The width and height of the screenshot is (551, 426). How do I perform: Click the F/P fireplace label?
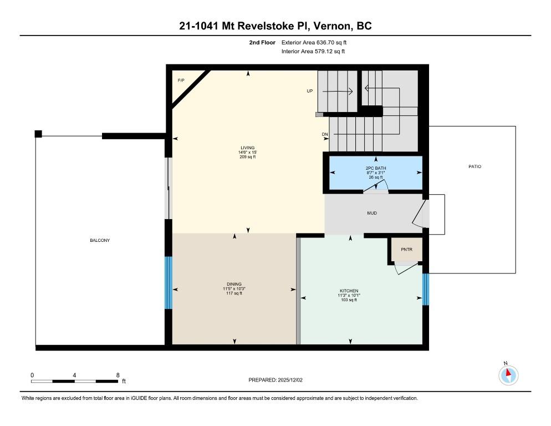[181, 81]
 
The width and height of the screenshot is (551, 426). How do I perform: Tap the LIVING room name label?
[247, 148]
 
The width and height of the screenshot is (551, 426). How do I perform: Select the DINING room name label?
[234, 284]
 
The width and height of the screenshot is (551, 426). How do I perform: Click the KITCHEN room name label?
[349, 291]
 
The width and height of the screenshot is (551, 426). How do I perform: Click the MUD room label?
[372, 212]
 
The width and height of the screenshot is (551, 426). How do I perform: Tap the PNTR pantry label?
[407, 250]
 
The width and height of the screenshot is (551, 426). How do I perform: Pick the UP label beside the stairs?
[310, 91]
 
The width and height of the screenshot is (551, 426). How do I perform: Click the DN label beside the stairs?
[325, 134]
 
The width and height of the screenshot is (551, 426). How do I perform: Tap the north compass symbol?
[508, 374]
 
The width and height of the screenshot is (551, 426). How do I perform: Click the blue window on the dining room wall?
[169, 282]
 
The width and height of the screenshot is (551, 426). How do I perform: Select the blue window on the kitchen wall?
[425, 289]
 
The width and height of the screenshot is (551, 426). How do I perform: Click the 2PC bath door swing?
[375, 189]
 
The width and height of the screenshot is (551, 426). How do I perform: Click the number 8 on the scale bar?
[118, 375]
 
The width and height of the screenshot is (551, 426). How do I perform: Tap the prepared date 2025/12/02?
[275, 380]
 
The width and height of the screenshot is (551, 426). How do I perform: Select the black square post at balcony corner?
[38, 134]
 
